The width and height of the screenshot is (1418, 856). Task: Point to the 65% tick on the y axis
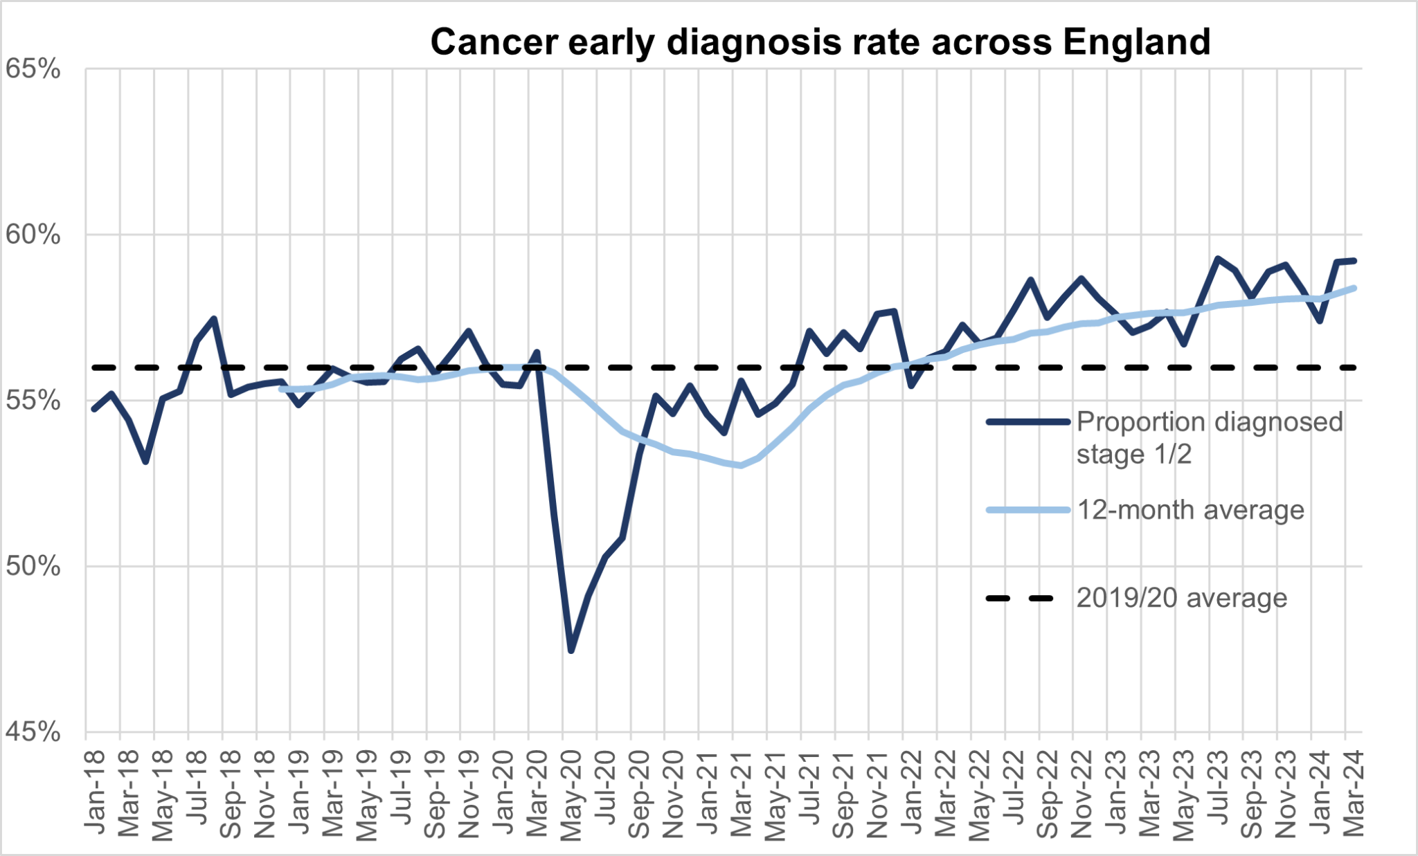coord(33,69)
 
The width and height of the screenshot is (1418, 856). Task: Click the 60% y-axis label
coord(33,235)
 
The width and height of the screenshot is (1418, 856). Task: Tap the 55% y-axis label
coord(33,401)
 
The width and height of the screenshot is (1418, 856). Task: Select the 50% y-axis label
coord(33,567)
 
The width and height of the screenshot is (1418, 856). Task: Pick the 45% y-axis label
coord(33,732)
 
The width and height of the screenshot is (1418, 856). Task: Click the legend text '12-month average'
coord(1190,510)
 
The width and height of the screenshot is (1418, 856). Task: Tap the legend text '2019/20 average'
coord(1181,598)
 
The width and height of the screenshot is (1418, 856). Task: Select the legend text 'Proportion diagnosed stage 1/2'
coord(1209,437)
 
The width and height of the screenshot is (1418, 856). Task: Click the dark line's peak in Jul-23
coord(1217,258)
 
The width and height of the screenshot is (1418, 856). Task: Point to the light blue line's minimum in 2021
coord(741,466)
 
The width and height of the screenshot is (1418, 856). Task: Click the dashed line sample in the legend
coord(1021,598)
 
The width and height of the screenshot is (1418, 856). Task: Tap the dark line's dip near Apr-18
coord(145,462)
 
